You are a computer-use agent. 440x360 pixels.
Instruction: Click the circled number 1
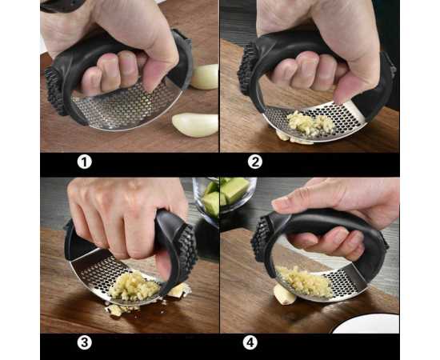[85, 162]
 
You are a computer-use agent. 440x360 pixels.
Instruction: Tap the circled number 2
[255, 162]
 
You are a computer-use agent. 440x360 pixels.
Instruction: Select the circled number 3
[85, 342]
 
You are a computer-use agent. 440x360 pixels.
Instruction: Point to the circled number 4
[250, 342]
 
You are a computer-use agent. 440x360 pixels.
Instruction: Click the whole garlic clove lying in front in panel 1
[195, 125]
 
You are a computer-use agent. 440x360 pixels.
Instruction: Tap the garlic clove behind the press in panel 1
[205, 77]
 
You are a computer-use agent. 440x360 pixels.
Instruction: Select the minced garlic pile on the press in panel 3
[134, 286]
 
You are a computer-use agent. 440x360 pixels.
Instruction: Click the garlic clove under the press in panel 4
[284, 294]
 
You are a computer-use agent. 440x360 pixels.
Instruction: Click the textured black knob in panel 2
[247, 69]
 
